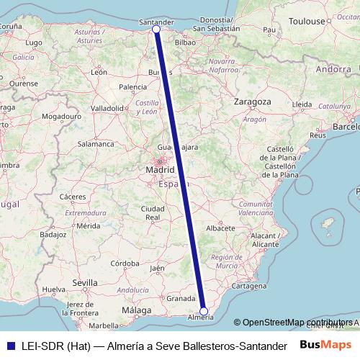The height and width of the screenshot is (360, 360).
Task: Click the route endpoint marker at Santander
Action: click(156, 30)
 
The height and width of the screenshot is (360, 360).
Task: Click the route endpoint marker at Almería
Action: click(204, 311)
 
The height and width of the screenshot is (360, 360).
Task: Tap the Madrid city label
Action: click(160, 170)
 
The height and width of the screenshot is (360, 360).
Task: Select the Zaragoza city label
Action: click(252, 102)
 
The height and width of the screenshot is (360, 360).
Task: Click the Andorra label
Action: click(333, 70)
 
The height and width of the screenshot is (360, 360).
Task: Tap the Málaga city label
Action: click(137, 310)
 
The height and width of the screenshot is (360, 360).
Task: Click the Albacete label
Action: click(221, 228)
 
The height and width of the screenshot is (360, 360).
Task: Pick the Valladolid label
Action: click(108, 108)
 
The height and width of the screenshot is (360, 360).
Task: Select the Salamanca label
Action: click(96, 144)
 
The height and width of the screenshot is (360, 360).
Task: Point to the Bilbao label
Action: click(185, 42)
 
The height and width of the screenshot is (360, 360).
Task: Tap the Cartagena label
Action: click(250, 286)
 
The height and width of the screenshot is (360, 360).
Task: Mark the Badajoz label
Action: click(53, 234)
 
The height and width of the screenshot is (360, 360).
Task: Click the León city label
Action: click(99, 72)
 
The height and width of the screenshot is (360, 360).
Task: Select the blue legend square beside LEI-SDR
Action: click(9, 346)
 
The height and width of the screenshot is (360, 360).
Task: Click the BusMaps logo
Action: click(326, 345)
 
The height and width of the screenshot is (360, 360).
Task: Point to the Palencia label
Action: click(132, 87)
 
